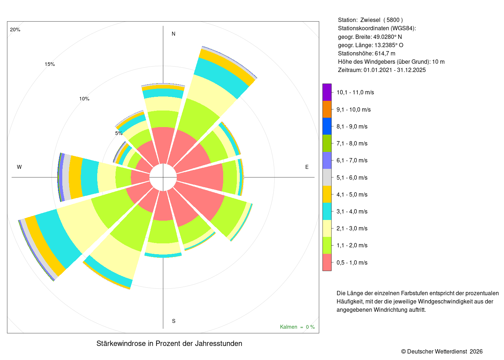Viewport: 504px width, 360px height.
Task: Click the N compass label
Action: point(173,34)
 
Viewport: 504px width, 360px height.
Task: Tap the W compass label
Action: point(19,167)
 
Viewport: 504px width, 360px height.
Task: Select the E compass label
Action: point(307,167)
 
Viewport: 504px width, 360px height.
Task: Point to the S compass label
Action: point(174,321)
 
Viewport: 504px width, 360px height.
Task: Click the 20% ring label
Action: point(15,30)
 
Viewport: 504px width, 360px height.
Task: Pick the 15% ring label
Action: point(50,64)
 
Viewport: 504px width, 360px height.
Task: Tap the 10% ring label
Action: point(84,99)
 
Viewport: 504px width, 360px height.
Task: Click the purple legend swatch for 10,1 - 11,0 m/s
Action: point(327,92)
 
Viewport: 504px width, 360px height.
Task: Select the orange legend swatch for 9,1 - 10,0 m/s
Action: point(327,109)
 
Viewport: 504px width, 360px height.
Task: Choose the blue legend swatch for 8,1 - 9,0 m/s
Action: point(327,126)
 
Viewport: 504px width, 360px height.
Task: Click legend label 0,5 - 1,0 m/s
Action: point(352,262)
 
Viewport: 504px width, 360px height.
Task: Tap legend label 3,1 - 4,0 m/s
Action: point(352,212)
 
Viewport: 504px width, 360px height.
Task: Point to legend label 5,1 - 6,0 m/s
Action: point(352,177)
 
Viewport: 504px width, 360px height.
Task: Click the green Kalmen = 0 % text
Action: point(297,327)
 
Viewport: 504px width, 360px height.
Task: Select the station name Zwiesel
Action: point(370,20)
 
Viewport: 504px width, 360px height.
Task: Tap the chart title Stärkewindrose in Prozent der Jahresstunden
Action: point(169,343)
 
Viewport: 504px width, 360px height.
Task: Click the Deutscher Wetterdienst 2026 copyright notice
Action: point(442,351)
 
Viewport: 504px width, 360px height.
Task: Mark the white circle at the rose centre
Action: point(163,177)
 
